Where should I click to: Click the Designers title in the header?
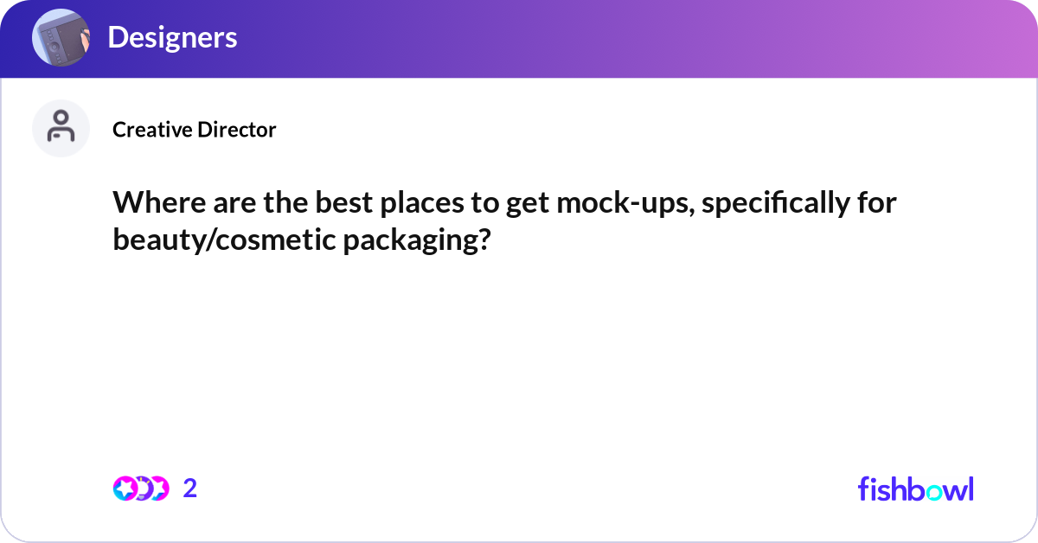coord(172,38)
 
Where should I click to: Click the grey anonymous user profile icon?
coord(61,128)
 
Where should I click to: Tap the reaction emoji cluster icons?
coord(140,489)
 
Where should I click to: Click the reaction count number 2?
coord(190,489)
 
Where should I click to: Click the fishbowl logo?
coord(915,489)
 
